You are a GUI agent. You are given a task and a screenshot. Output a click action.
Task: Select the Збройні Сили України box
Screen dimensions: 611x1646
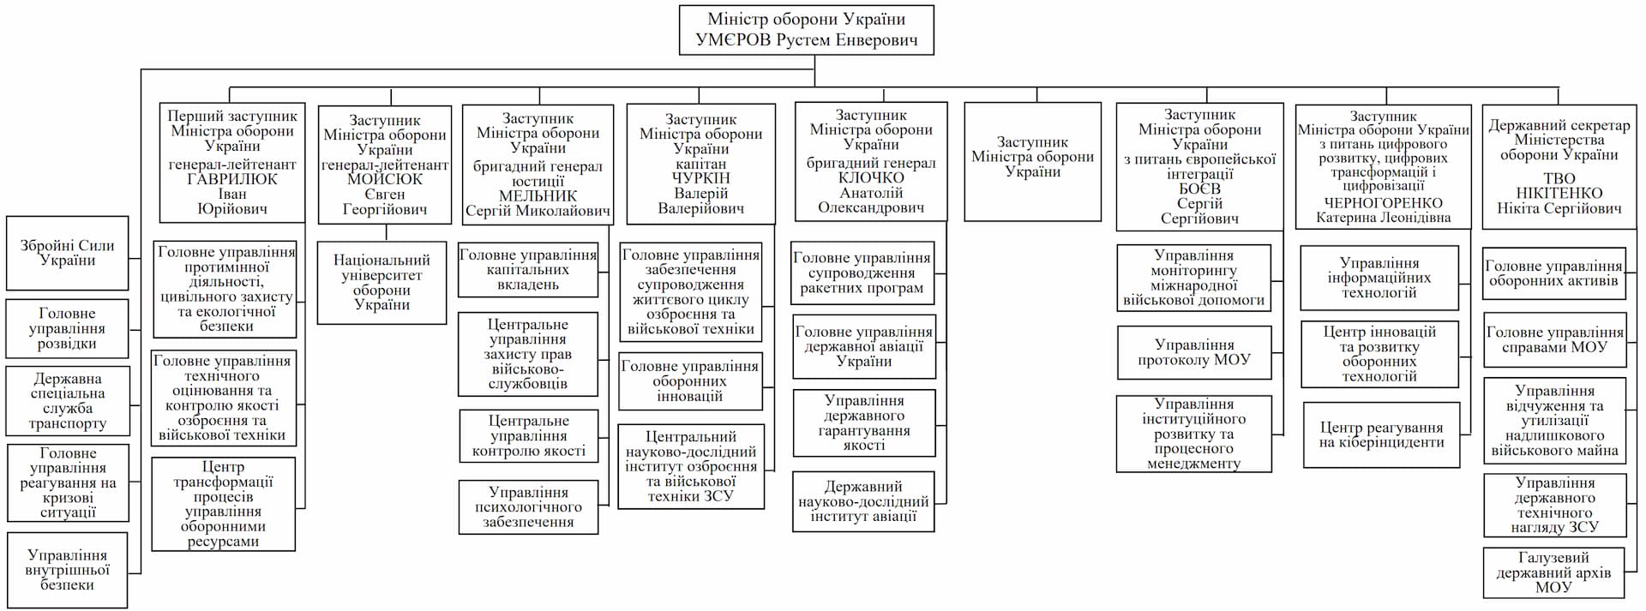coord(67,253)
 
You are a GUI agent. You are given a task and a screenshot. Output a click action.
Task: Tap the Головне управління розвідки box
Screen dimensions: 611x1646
coord(67,328)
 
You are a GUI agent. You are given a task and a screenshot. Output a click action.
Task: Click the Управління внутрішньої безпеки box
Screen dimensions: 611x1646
coord(67,570)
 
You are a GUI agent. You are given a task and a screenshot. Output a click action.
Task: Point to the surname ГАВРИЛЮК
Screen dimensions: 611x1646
coord(231,179)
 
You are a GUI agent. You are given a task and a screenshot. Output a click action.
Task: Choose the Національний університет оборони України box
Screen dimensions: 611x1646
coord(381,282)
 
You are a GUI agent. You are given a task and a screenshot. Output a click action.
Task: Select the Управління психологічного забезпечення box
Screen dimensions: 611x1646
coord(528,506)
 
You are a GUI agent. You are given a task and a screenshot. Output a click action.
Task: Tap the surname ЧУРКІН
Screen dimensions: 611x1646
coord(700,178)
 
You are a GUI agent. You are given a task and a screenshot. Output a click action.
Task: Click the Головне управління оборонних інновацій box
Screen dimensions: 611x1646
coord(689,380)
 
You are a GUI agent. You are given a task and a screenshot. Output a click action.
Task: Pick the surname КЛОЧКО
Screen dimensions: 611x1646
coord(870,177)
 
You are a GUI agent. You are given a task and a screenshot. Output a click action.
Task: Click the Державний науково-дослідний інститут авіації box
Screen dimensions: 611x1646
coord(863,501)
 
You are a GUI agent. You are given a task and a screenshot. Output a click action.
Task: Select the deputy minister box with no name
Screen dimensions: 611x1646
coord(1032,161)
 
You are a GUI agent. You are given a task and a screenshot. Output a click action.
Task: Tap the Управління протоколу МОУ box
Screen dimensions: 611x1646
coord(1193,352)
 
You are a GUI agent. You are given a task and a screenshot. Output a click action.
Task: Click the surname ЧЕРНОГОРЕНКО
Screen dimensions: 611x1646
coord(1382,203)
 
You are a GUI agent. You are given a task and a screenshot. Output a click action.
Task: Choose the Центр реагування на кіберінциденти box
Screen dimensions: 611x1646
coord(1381,434)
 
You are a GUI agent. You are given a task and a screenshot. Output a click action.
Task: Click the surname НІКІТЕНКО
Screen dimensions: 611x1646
coord(1559,193)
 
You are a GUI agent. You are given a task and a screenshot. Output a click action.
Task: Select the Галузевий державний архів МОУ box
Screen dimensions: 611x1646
coord(1553,572)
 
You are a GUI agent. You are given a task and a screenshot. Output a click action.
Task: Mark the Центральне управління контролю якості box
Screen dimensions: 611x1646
coord(528,435)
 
